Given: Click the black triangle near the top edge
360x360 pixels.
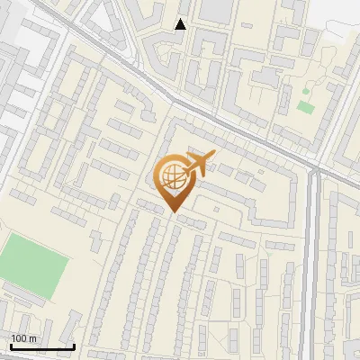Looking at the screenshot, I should tap(181, 24).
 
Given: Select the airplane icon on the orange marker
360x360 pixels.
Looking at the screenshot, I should tap(198, 164).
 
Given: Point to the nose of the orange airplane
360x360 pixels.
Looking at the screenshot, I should tap(213, 156).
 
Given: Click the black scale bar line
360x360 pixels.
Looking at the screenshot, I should tap(42, 346).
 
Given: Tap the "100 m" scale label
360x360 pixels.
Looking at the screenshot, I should tap(23, 338).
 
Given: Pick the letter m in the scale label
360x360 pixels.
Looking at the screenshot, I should tap(32, 338).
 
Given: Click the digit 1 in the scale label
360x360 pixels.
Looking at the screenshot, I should tap(13, 338).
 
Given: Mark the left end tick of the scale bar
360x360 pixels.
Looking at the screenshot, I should tap(11, 345).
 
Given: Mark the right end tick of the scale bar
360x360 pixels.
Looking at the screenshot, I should tap(74, 345).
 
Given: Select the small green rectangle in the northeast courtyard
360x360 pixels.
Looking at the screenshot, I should tap(306, 107).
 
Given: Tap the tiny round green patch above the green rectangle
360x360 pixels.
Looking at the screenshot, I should tap(305, 91).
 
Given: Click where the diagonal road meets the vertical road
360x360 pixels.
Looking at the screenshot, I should tap(314, 168).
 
